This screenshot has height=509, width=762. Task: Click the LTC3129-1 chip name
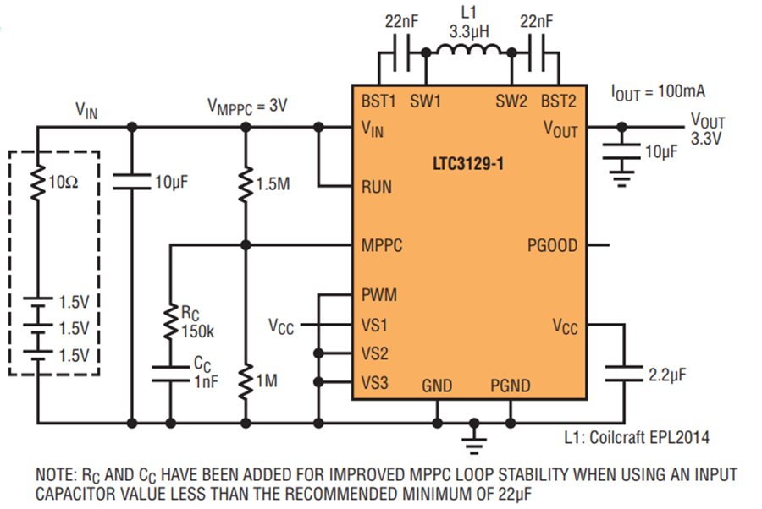[468, 163]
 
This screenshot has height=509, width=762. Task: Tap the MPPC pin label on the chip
[382, 245]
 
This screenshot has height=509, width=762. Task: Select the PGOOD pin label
[553, 245]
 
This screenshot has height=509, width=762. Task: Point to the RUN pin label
[377, 187]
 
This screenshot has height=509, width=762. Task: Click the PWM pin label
[379, 294]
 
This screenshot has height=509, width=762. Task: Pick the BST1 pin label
[378, 101]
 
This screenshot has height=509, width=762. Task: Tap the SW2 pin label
[511, 101]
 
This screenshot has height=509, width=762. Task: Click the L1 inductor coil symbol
[468, 50]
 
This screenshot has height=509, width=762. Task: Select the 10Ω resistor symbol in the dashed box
[37, 183]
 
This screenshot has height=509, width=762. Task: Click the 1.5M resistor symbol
[246, 184]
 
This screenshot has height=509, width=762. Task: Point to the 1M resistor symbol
[246, 381]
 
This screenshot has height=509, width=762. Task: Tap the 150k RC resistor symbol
[170, 321]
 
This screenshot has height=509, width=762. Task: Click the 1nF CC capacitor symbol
[170, 374]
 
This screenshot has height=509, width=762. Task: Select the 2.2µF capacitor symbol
[624, 374]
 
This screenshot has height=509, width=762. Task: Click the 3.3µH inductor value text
[469, 32]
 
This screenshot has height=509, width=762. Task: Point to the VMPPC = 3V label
[247, 107]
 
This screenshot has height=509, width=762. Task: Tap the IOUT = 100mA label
[658, 92]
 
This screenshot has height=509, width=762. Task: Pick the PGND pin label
[511, 386]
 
